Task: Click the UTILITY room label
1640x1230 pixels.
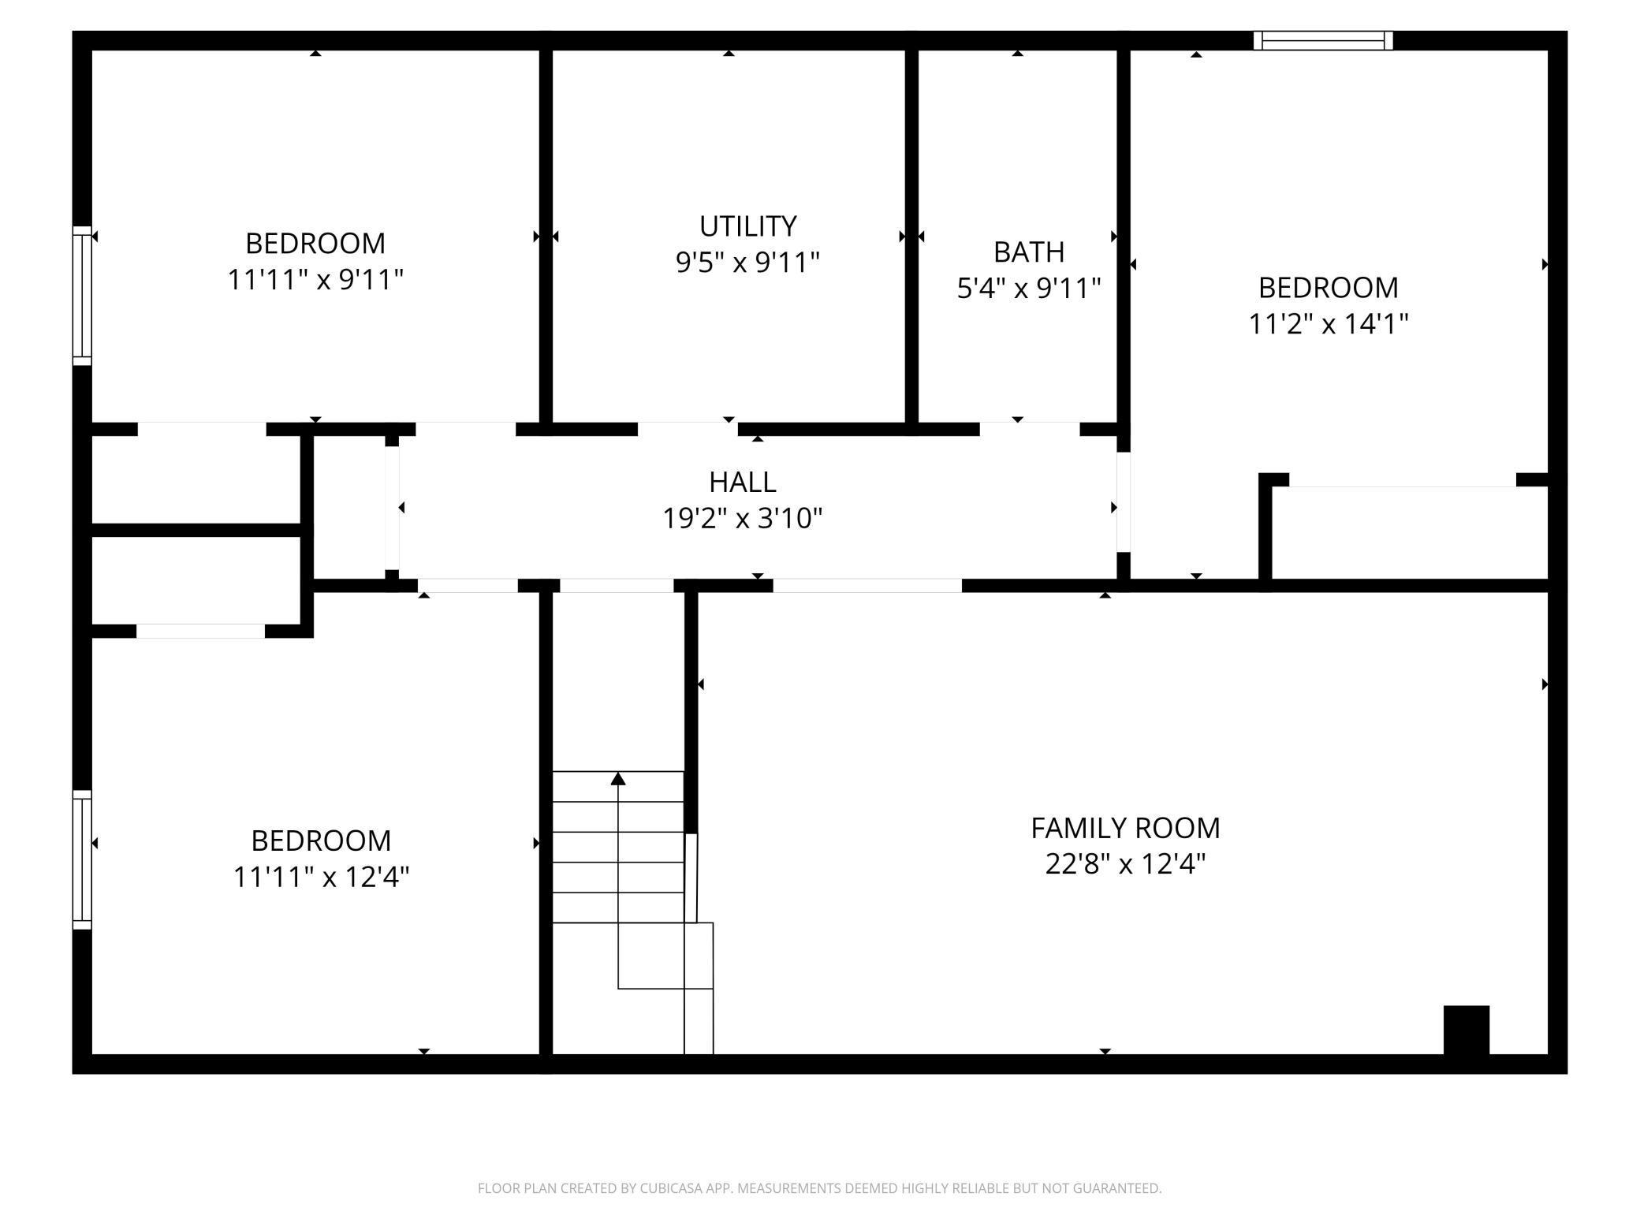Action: point(747,226)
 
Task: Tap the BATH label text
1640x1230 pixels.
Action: point(1029,252)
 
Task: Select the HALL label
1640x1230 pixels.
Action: point(742,482)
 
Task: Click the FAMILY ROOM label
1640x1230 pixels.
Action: point(1125,828)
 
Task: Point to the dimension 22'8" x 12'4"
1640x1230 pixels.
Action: point(1125,864)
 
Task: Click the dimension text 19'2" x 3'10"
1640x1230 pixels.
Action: point(742,518)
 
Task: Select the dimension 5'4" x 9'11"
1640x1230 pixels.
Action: point(1029,289)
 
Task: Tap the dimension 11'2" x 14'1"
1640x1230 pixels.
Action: point(1329,324)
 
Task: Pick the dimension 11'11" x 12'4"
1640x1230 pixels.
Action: point(321,877)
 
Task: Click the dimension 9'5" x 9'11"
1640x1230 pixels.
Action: point(747,262)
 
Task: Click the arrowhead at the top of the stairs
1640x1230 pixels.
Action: point(618,779)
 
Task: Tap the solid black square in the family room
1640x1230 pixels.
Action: point(1467,1030)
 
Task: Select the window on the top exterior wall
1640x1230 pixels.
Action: point(1323,40)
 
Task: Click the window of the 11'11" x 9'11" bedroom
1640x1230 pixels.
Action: point(82,296)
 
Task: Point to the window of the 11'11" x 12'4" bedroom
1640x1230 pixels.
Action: point(82,859)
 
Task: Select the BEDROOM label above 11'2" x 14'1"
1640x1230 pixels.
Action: point(1329,288)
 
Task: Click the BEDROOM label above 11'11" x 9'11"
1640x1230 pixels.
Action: point(315,244)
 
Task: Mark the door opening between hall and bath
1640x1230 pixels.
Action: point(1029,429)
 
